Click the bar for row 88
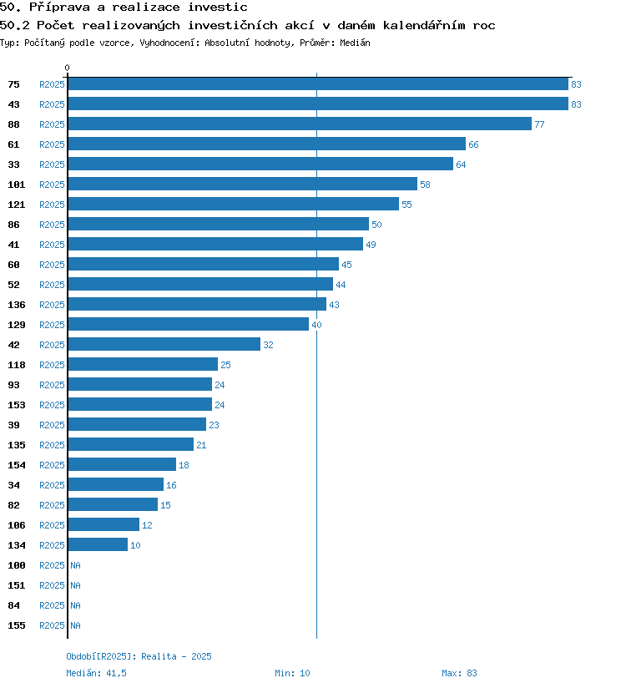tap(300, 124)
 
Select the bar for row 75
tap(318, 83)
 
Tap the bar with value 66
tap(266, 144)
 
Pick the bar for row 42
tap(164, 344)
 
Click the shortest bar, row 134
tap(98, 544)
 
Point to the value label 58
tap(425, 185)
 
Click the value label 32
tap(268, 345)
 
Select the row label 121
tap(17, 205)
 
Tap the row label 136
tap(17, 305)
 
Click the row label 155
tap(17, 625)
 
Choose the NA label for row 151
tap(75, 585)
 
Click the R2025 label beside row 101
tap(52, 185)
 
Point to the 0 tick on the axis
tap(68, 68)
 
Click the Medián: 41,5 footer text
tap(96, 673)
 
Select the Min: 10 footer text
tap(292, 673)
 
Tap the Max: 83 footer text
tap(459, 673)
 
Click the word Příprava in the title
tap(66, 7)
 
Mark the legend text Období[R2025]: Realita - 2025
tap(139, 656)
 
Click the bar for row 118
tap(143, 364)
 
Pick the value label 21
tap(201, 445)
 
